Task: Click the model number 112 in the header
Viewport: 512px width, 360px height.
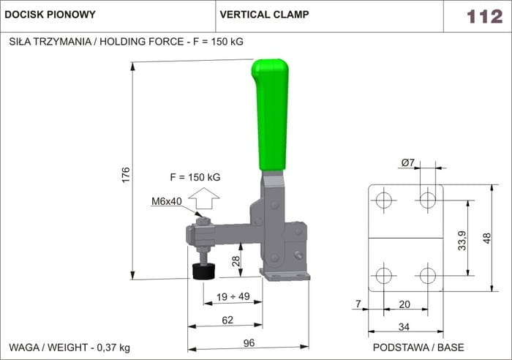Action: click(x=485, y=16)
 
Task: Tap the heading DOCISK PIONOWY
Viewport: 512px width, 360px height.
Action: click(x=50, y=15)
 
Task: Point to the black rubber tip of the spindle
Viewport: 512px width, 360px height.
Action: click(x=203, y=271)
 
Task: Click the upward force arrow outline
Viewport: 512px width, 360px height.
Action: click(x=204, y=198)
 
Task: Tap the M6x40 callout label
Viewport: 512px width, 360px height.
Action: click(x=167, y=201)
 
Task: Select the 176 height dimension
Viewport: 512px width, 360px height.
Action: click(x=126, y=174)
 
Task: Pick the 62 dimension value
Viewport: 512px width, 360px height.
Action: click(x=227, y=319)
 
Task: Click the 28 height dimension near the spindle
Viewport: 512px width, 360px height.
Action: click(x=236, y=261)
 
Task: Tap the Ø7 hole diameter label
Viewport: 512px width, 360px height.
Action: click(x=408, y=162)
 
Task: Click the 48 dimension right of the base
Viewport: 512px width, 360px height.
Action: click(x=487, y=237)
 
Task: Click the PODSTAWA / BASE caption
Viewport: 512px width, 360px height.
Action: click(x=418, y=347)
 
